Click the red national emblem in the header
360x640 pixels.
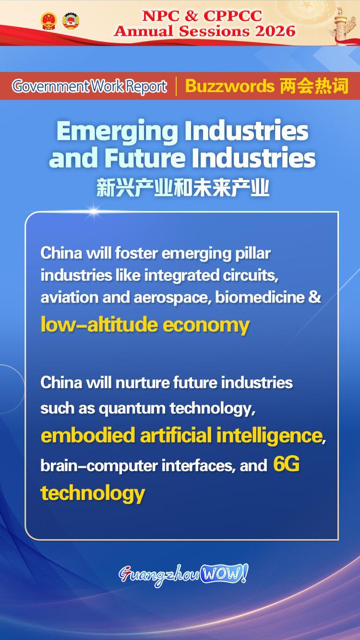pyautogui.click(x=48, y=21)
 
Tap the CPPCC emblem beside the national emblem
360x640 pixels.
pyautogui.click(x=71, y=21)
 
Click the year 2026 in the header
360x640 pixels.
pyautogui.click(x=275, y=31)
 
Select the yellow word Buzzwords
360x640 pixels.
pyautogui.click(x=229, y=86)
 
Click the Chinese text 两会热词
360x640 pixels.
pyautogui.click(x=313, y=86)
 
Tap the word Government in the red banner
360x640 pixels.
pyautogui.click(x=50, y=86)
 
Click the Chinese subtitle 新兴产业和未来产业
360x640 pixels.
pyautogui.click(x=183, y=188)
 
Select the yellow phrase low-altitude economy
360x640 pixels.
pyautogui.click(x=145, y=325)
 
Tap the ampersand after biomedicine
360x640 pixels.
pyautogui.click(x=314, y=297)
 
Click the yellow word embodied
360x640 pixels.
pyautogui.click(x=88, y=435)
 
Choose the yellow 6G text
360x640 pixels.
pyautogui.click(x=286, y=463)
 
